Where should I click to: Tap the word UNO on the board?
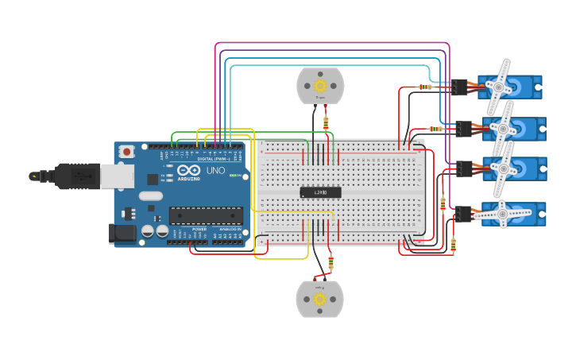click(215, 170)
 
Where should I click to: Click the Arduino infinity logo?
click(189, 170)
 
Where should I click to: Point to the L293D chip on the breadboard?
click(320, 192)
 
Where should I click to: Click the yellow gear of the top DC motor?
click(320, 85)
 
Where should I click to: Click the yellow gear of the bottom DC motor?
click(319, 299)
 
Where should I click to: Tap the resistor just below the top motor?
click(326, 122)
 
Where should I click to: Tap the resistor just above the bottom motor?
click(331, 263)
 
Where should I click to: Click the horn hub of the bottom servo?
click(502, 213)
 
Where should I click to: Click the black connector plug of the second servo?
click(464, 128)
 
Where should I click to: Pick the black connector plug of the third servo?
click(464, 168)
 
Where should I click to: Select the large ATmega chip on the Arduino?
click(206, 215)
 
